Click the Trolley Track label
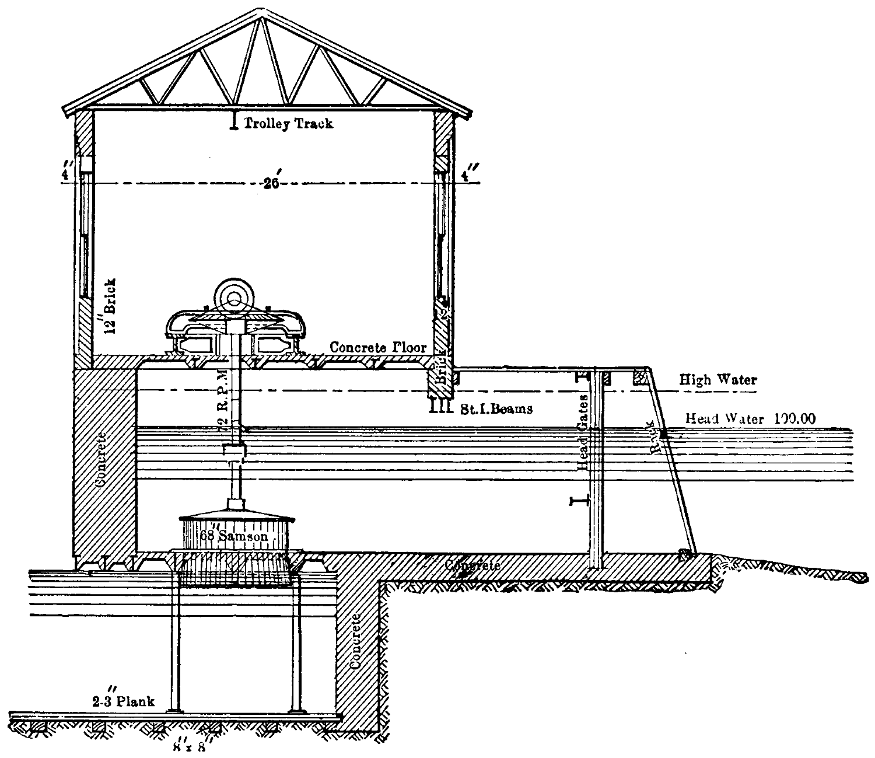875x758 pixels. pos(288,123)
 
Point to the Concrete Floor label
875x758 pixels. pos(378,347)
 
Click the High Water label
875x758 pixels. pos(718,380)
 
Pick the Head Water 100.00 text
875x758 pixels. pos(750,418)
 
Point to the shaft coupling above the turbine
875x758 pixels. pos(234,452)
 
